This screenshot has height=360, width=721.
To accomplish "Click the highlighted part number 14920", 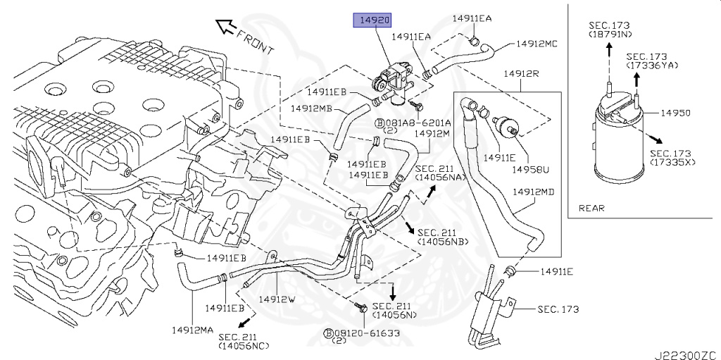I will pyautogui.click(x=372, y=20).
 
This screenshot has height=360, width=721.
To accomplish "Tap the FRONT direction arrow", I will pyautogui.click(x=227, y=27).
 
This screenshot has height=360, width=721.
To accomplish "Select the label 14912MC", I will pyautogui.click(x=537, y=44).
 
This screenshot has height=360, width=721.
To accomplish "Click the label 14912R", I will pyautogui.click(x=520, y=73).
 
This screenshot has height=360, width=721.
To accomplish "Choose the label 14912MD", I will pyautogui.click(x=533, y=191).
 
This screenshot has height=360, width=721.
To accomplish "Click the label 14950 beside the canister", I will pyautogui.click(x=675, y=113).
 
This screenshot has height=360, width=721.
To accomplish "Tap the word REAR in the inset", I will pyautogui.click(x=591, y=208).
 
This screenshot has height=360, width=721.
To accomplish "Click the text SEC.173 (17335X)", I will pyautogui.click(x=672, y=158).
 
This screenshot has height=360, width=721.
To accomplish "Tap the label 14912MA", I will pyautogui.click(x=192, y=330).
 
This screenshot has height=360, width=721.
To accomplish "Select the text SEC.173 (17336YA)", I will pyautogui.click(x=651, y=61).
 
